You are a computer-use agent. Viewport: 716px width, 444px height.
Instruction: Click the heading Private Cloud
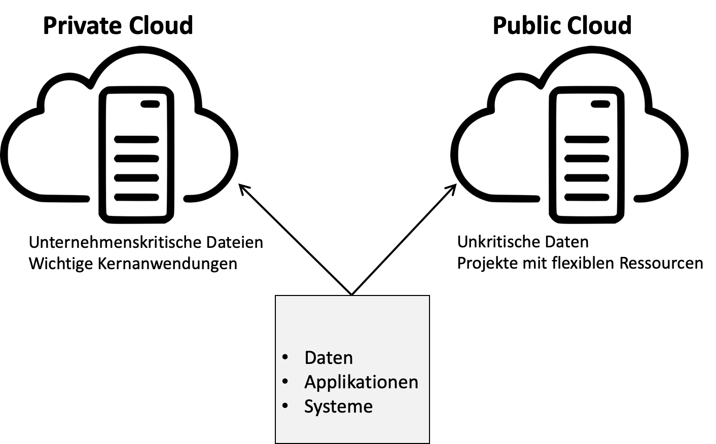(118, 25)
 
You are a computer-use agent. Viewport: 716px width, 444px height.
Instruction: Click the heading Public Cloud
(562, 25)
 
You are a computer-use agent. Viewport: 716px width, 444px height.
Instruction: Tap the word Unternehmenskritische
(115, 242)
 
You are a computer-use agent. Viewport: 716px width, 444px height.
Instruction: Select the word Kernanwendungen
(167, 264)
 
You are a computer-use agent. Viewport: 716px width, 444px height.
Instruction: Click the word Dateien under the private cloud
(235, 242)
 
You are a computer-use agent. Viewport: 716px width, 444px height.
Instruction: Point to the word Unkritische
(498, 242)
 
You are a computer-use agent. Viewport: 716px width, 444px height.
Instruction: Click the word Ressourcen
(661, 264)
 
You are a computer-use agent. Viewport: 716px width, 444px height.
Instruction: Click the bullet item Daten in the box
(329, 358)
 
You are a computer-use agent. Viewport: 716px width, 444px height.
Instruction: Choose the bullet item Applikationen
(361, 382)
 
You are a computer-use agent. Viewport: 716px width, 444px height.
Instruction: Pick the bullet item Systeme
(339, 406)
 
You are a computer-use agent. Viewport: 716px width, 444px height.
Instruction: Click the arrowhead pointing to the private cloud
(244, 189)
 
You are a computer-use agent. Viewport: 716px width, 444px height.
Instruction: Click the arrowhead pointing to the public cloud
(451, 189)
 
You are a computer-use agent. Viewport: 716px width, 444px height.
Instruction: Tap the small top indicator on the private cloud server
(150, 104)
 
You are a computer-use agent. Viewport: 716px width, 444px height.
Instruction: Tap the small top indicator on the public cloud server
(600, 104)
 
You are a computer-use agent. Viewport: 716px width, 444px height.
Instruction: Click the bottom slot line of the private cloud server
(136, 197)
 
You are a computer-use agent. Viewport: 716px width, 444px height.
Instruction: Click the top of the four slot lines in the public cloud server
(587, 139)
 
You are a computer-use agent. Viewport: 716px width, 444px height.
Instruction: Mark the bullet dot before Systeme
(285, 405)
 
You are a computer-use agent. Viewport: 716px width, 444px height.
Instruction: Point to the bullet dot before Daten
(285, 357)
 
